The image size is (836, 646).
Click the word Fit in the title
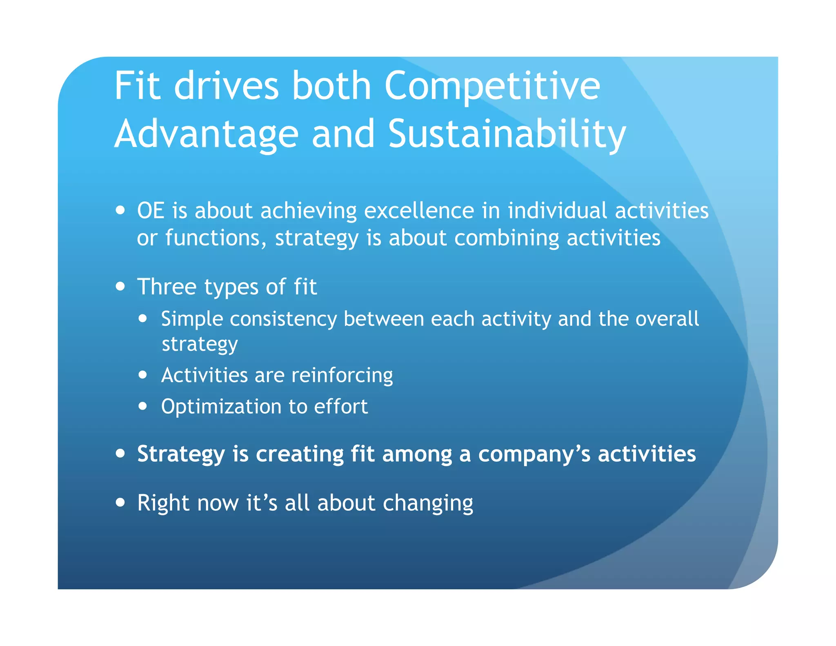(137, 86)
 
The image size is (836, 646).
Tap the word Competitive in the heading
(492, 87)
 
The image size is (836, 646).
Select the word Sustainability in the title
(507, 135)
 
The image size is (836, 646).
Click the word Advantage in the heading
(207, 135)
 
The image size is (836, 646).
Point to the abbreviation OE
(151, 211)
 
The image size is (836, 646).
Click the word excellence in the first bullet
(419, 211)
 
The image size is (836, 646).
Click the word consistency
(283, 319)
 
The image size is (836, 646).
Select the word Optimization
(221, 407)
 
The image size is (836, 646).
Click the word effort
(340, 407)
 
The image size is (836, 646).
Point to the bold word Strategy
(181, 454)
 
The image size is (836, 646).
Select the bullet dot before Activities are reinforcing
(142, 374)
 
